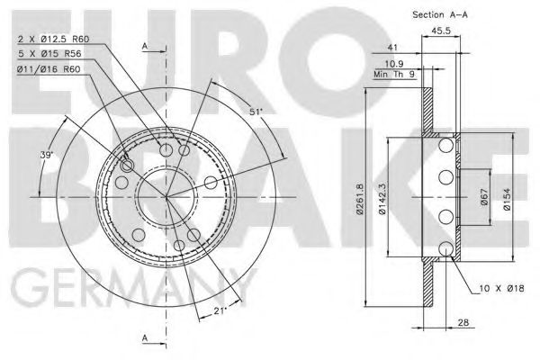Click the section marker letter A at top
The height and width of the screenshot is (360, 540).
144,44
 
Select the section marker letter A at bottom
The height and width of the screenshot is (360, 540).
144,337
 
